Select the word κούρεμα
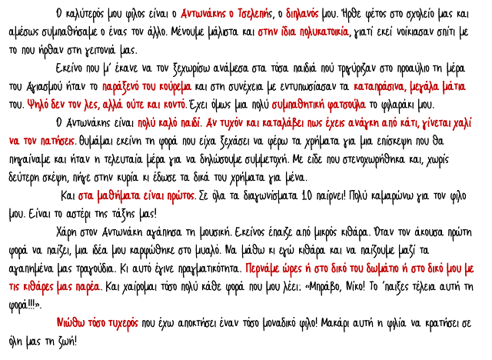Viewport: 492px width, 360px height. (175, 87)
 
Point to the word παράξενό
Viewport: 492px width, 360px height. (120, 87)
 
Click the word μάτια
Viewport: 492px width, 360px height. (452, 87)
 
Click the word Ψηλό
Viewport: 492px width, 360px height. (36, 105)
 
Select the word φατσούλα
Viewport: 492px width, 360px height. (347, 105)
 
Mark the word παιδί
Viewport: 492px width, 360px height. (191, 123)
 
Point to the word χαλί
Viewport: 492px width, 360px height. (463, 123)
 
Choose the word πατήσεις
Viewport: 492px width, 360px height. (57, 142)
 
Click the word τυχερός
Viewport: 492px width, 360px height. (121, 323)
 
